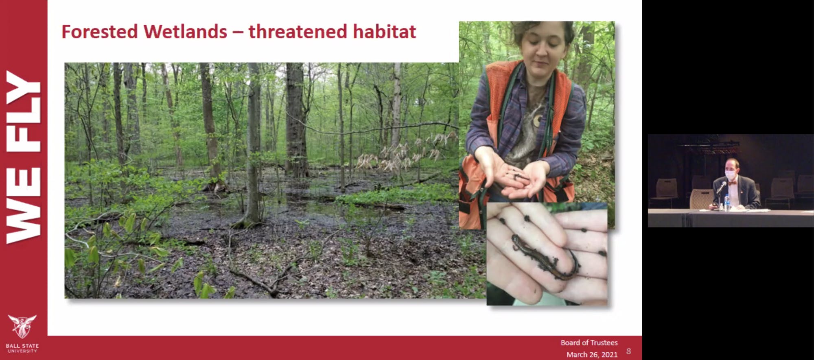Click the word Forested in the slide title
(99, 32)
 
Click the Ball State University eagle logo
(22, 326)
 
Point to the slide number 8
(628, 351)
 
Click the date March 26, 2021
(592, 355)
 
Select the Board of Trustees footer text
(589, 343)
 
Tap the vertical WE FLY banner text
(23, 157)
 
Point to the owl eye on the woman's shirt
(537, 120)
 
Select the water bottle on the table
(727, 203)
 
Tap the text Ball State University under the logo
(22, 348)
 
